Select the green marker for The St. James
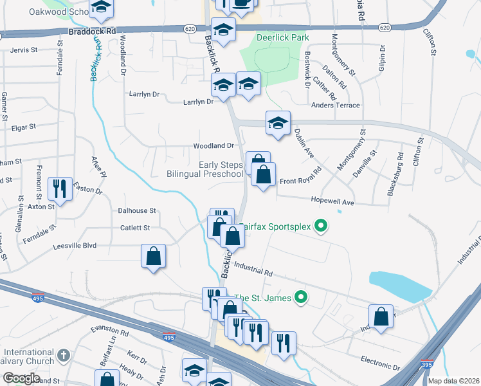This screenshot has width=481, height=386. [299, 297]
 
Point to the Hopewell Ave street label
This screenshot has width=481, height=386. [332, 202]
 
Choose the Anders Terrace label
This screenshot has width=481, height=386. [336, 106]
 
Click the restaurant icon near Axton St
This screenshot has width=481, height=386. [60, 188]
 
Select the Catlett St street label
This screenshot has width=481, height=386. [135, 228]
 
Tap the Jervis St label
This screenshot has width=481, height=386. [23, 50]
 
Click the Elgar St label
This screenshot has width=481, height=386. [24, 127]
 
